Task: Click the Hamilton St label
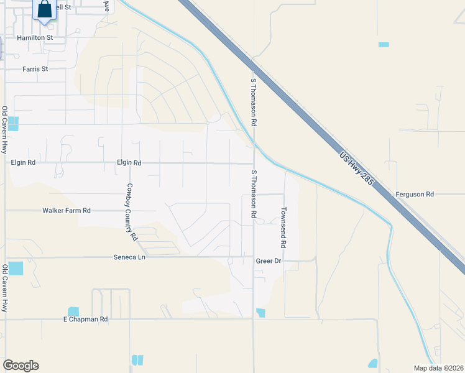tap(35, 38)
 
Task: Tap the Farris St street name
tap(35, 69)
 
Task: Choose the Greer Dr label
tap(269, 261)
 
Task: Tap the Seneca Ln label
tap(129, 257)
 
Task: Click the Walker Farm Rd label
tap(67, 211)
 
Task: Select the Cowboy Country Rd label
tap(131, 211)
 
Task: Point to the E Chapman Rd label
tap(86, 320)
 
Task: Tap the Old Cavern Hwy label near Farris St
tap(4, 130)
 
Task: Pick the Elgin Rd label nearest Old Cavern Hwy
tap(24, 162)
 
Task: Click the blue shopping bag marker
tap(45, 11)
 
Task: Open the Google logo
tap(21, 366)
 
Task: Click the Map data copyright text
tap(438, 367)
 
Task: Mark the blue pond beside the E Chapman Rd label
tap(73, 311)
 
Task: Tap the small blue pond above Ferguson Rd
tap(384, 45)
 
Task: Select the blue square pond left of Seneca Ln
tap(15, 269)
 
